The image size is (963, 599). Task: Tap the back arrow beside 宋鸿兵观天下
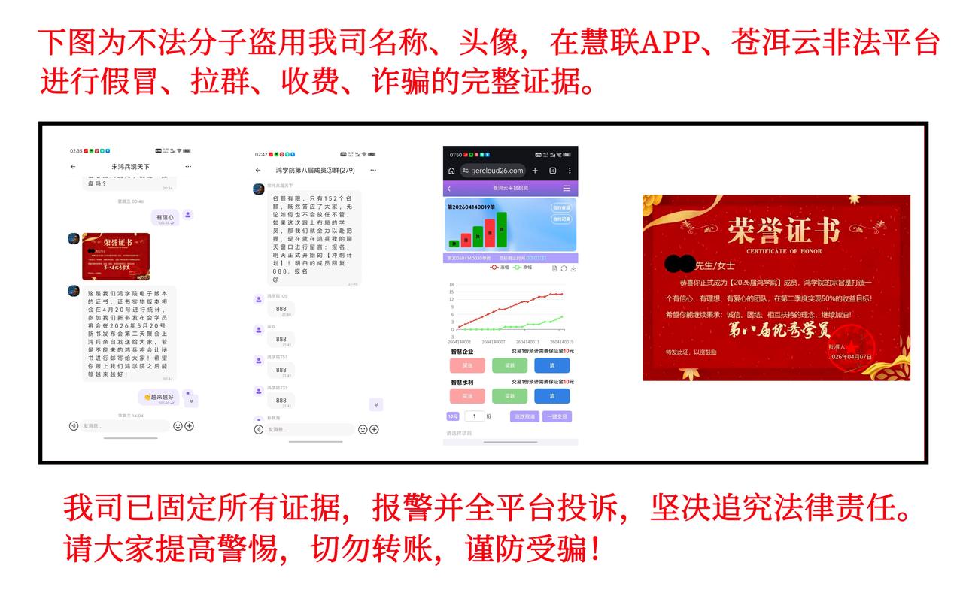click(73, 166)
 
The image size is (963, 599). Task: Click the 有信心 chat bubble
click(165, 218)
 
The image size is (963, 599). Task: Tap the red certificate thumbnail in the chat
click(116, 256)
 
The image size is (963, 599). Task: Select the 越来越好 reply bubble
click(159, 397)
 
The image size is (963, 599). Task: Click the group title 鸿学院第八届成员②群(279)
click(314, 171)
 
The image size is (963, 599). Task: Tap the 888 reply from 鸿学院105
click(281, 309)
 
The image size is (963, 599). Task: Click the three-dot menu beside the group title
click(374, 171)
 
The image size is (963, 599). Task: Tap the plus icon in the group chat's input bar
click(374, 429)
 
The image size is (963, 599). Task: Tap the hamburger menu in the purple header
click(567, 188)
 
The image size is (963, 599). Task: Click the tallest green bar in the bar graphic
click(501, 230)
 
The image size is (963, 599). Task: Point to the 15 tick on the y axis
click(451, 292)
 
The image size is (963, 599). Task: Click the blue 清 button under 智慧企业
click(551, 366)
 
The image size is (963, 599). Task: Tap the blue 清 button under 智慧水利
click(551, 396)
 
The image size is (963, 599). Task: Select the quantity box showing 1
click(475, 416)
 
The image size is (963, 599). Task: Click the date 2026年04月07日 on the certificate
click(849, 356)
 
